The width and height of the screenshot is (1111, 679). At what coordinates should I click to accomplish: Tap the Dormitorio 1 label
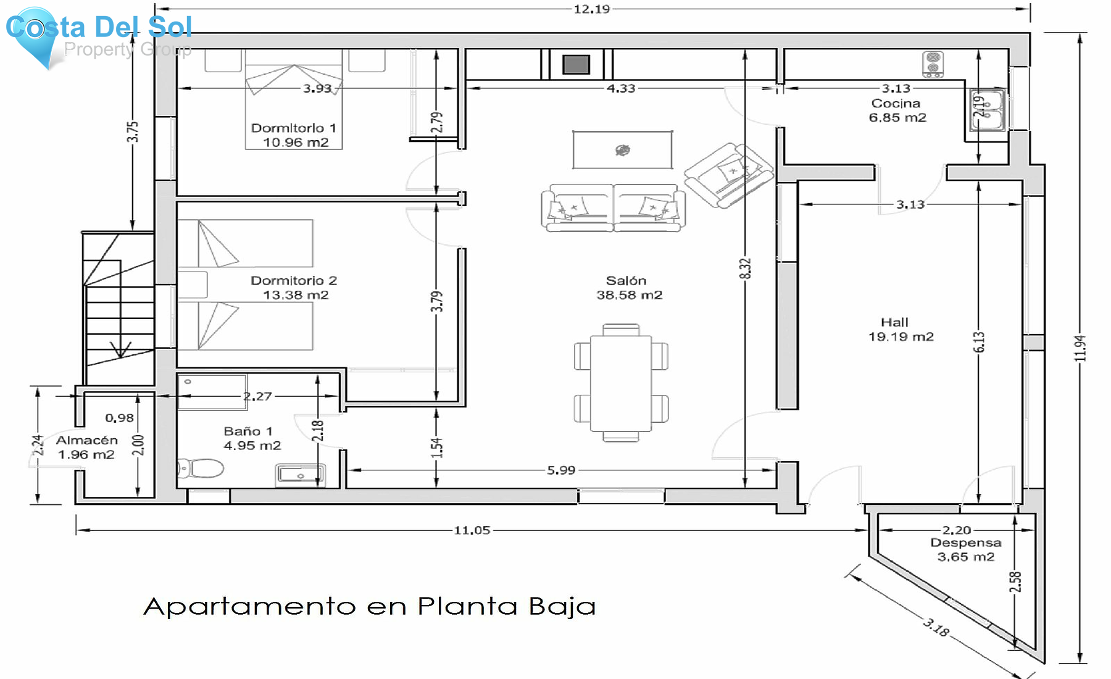[x=294, y=135]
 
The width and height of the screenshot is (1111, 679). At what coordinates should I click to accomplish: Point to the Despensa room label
[x=966, y=549]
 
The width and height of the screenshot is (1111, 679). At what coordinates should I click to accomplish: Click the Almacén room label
[x=86, y=447]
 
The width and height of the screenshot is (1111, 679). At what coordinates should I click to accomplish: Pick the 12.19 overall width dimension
[x=591, y=9]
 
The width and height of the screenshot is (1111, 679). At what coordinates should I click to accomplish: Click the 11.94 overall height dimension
[x=1080, y=348]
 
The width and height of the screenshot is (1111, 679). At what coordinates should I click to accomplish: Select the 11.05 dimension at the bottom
[x=472, y=530]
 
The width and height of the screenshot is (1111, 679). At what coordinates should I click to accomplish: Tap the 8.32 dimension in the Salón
[x=746, y=269]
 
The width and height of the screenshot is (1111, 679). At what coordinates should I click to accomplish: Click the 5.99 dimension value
[x=561, y=470]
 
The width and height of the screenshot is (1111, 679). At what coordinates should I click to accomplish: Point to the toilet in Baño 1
[x=200, y=468]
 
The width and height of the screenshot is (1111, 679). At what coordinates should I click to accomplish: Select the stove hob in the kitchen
[x=933, y=64]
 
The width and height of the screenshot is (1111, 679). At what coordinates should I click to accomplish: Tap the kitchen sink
[x=988, y=110]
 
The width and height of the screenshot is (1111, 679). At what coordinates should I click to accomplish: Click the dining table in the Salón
[x=621, y=383]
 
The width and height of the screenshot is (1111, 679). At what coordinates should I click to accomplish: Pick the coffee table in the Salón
[x=622, y=149]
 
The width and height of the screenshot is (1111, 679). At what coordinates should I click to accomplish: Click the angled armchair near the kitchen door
[x=729, y=175]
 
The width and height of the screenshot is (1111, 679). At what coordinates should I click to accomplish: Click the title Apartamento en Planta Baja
[x=370, y=606]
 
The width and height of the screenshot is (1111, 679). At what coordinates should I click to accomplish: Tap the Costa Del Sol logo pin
[x=36, y=36]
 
